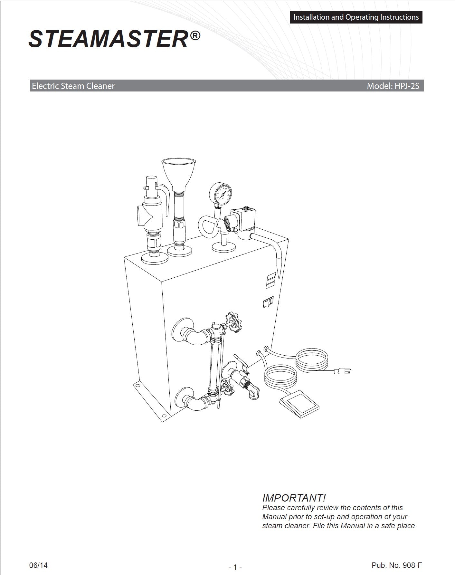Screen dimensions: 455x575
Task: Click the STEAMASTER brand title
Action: (108, 40)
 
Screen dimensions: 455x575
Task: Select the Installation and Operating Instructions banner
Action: (356, 17)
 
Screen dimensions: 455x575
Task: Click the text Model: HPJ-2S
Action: (393, 86)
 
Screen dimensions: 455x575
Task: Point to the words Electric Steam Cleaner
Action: (73, 86)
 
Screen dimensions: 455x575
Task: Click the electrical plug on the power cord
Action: (342, 371)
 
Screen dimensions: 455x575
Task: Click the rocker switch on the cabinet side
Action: (268, 303)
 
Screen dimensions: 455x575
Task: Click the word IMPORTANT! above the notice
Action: (294, 498)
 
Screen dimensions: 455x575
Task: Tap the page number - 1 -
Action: (235, 567)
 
